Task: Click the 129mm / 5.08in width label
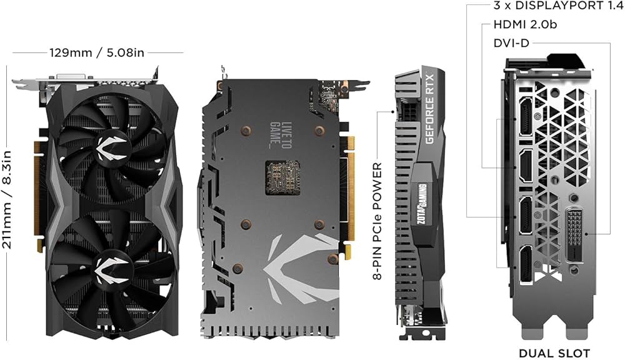click(97, 52)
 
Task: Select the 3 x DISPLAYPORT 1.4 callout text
click(552, 6)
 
